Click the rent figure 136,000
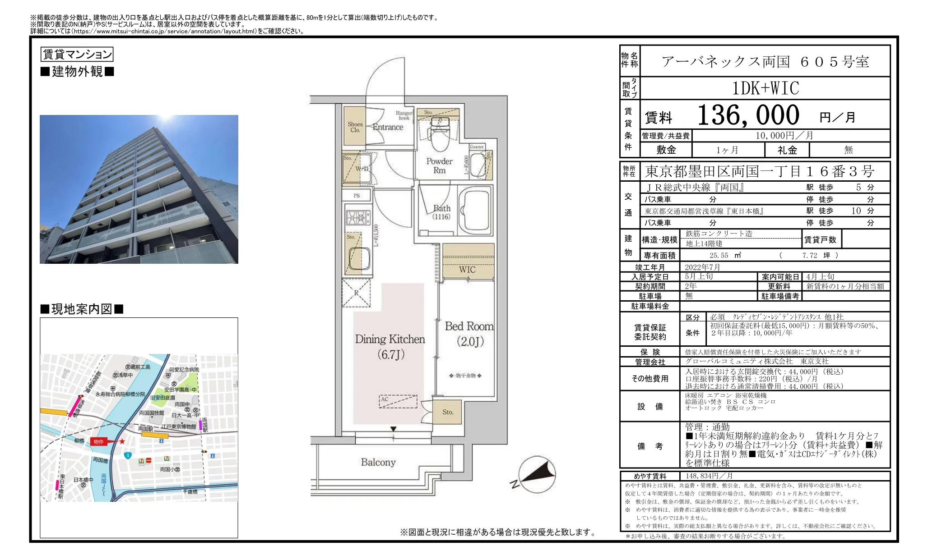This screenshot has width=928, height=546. click(748, 115)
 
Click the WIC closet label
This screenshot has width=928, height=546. click(467, 270)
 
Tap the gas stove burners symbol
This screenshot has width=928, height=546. click(358, 218)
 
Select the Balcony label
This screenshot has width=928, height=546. click(378, 462)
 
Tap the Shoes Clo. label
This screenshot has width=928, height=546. click(355, 127)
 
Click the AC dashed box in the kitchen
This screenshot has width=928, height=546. click(397, 401)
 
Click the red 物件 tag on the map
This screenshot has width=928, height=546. click(99, 442)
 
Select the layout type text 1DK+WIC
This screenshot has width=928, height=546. click(765, 88)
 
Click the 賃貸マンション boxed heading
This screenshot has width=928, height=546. click(77, 55)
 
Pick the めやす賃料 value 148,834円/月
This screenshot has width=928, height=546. click(709, 476)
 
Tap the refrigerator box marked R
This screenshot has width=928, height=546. click(356, 293)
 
